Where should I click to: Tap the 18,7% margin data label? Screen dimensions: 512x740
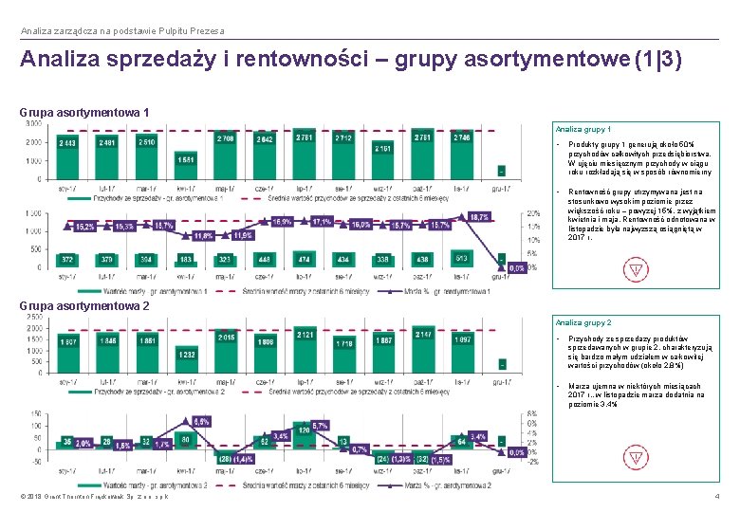tap(479, 217)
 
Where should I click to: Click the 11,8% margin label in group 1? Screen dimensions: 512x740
tap(202, 234)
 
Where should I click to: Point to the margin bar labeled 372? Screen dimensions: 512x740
tap(68, 260)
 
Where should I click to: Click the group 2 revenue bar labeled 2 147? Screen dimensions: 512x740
tap(422, 347)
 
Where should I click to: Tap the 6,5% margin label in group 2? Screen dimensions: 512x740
tap(201, 421)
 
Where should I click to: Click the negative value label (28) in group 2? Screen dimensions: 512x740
tap(225, 458)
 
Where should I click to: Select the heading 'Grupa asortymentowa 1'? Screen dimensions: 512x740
tap(84, 113)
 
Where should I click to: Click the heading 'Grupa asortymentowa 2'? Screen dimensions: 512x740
tap(84, 306)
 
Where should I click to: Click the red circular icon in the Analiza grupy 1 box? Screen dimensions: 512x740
tap(635, 270)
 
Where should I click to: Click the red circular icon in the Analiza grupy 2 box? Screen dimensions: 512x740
tap(635, 463)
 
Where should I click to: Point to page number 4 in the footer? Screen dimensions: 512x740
tap(716, 497)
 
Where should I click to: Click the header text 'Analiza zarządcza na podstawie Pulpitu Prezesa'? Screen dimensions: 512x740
tap(122, 31)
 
